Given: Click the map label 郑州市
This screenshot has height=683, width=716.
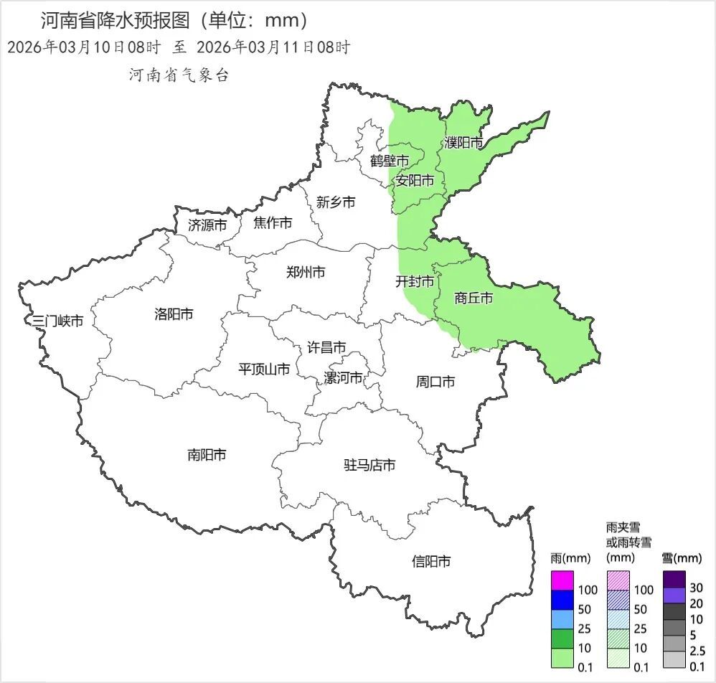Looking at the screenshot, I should tap(306, 272).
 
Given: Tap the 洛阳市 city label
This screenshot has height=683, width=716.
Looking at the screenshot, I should tap(174, 314).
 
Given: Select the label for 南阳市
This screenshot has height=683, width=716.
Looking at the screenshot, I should tap(207, 454).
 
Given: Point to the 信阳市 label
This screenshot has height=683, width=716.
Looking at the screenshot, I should tap(432, 562).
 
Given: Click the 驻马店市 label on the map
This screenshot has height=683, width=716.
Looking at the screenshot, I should tap(370, 466).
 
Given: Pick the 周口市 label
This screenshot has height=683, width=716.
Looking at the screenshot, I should tap(435, 382).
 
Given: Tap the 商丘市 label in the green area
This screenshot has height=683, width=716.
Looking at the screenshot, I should tap(474, 298).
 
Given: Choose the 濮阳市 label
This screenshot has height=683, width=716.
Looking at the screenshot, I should tap(463, 143).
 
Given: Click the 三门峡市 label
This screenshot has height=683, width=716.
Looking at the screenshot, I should tap(58, 321).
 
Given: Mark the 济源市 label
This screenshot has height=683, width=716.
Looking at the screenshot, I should tap(207, 225).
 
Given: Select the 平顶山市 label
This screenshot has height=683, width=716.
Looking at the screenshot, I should tap(264, 369).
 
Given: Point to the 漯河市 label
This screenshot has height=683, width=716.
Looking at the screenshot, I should tap(343, 378).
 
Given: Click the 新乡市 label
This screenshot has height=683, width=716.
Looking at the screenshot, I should tap(336, 202).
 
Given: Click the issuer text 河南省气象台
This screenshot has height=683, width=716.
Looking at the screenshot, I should tap(179, 75).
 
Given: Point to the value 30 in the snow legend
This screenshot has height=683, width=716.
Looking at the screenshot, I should tap(696, 588).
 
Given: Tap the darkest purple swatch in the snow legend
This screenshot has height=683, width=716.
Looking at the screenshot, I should tap(675, 578).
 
